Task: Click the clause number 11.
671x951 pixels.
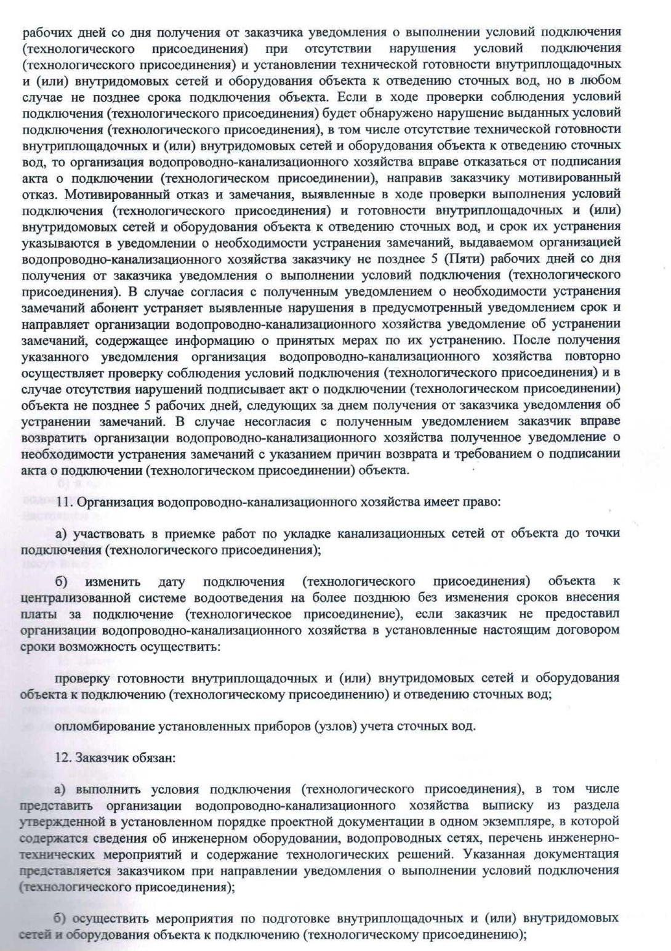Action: click(63, 502)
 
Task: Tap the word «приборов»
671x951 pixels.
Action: click(281, 726)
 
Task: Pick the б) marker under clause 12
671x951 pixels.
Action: click(61, 918)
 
